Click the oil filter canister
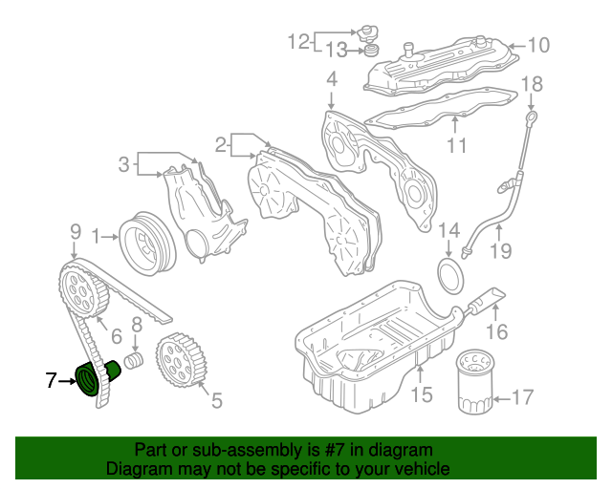coord(474,384)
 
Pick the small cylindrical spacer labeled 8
coord(134,360)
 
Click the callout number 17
coord(521,396)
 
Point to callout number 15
coord(422,393)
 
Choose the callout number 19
coord(501,251)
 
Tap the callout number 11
coord(456,146)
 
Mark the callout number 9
coord(75,230)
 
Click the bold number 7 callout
coord(52,382)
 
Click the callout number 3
coord(123,164)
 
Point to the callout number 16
coord(495,331)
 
